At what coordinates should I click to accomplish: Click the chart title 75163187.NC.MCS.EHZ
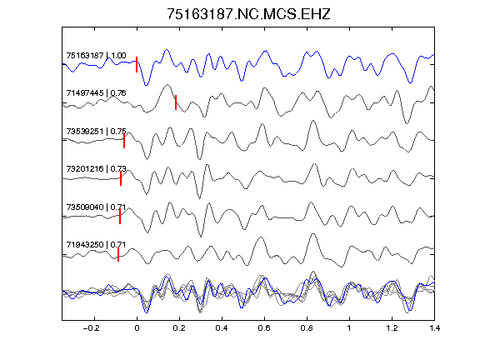[x=248, y=14]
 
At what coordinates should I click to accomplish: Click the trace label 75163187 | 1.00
[x=96, y=55]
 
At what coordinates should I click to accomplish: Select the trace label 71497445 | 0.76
[x=96, y=93]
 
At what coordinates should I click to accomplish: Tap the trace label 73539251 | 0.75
[x=96, y=132]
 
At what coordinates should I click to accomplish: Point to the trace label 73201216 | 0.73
[x=96, y=168]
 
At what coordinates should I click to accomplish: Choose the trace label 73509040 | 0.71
[x=96, y=207]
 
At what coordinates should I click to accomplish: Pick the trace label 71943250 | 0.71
[x=96, y=245]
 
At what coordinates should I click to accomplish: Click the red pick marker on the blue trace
[x=137, y=65]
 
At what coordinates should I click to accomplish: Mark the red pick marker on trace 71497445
[x=176, y=102]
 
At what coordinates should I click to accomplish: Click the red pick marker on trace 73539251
[x=124, y=141]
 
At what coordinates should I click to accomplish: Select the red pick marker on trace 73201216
[x=121, y=178]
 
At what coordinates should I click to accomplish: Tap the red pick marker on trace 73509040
[x=120, y=217]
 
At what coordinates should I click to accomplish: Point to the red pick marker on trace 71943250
[x=118, y=254]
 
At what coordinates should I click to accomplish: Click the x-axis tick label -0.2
[x=92, y=328]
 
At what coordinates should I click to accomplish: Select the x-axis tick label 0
[x=137, y=328]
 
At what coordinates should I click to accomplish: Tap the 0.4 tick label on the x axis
[x=222, y=328]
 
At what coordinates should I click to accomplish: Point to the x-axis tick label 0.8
[x=307, y=328]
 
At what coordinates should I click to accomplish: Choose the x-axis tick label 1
[x=349, y=328]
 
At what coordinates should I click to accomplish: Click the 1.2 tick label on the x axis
[x=392, y=328]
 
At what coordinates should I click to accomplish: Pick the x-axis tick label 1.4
[x=435, y=328]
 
